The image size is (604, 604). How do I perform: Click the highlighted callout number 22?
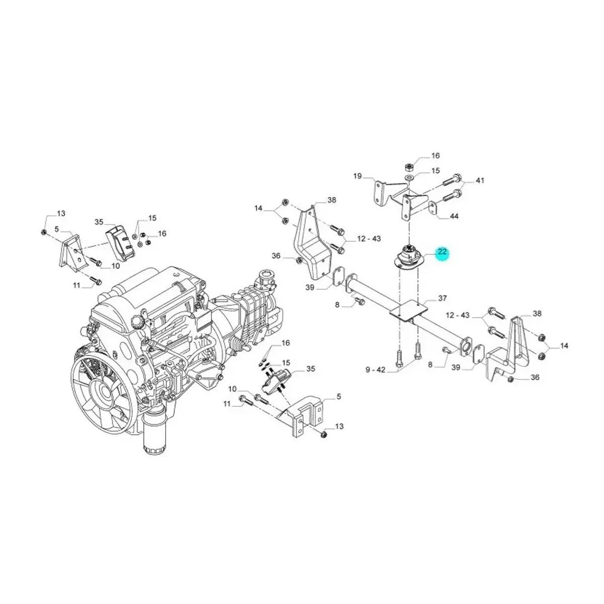point(442,252)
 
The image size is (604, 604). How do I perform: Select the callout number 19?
point(358,176)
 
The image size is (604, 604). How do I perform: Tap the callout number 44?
point(454,216)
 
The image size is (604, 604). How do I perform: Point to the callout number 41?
point(480,181)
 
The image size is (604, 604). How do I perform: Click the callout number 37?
point(442,298)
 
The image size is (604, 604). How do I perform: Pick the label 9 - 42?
point(375,370)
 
